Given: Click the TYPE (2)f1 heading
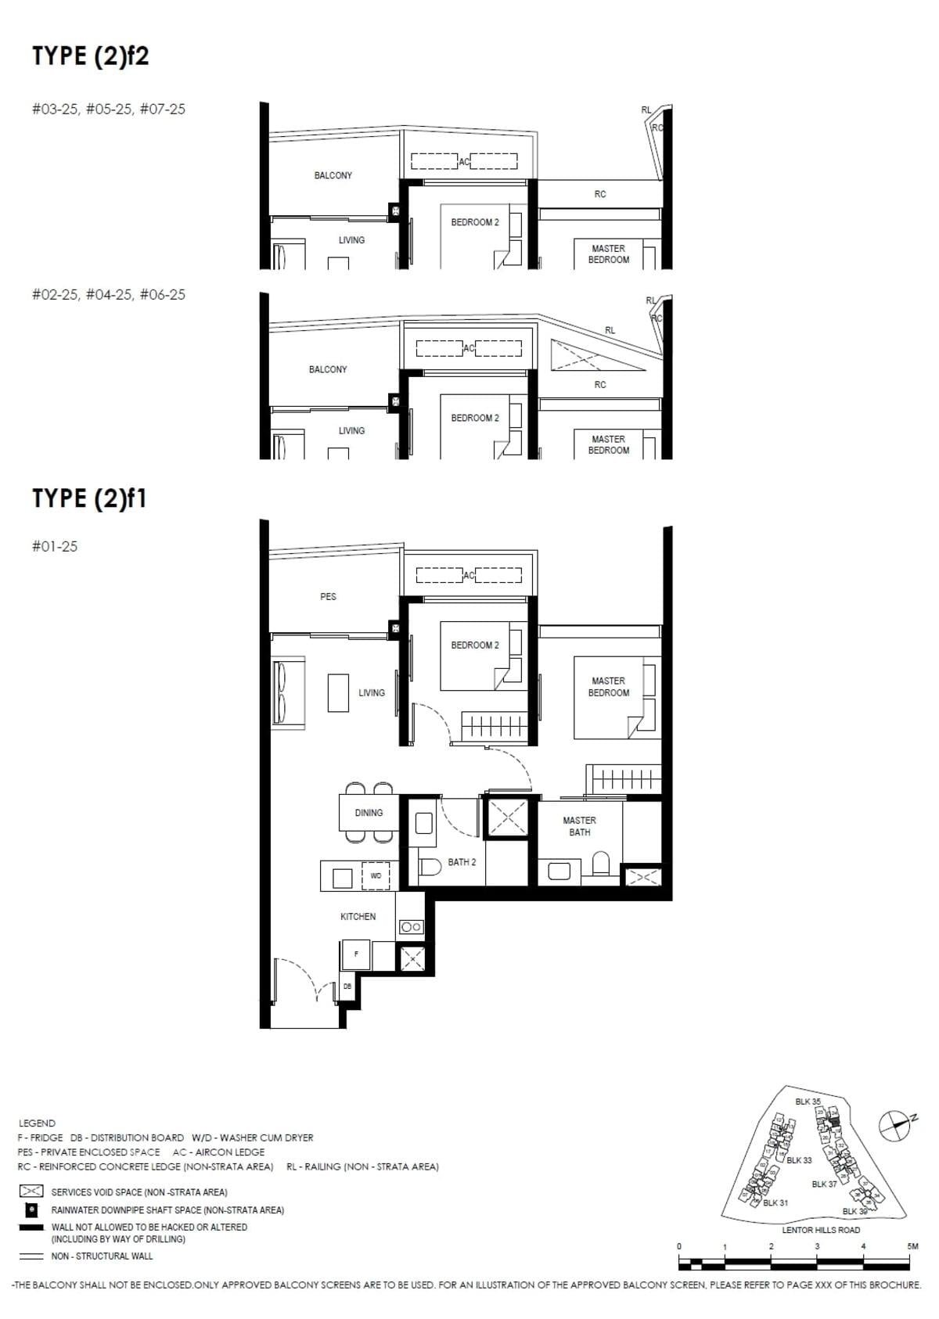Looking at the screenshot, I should point(89,498).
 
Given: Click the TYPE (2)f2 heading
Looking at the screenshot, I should point(90,56).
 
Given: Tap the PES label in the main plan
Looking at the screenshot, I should point(328,596).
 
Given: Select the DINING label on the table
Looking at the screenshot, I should point(369,813).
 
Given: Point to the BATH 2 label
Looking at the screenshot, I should point(462,862).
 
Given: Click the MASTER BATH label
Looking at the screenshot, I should point(579,826).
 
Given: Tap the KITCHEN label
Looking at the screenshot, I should point(358,916).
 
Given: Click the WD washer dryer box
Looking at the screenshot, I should point(376,876).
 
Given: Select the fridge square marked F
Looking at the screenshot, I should point(356,954).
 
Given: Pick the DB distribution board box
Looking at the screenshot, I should point(347,987).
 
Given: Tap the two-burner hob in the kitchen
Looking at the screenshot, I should point(412,927).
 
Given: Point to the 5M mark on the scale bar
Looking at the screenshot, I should point(912,1246).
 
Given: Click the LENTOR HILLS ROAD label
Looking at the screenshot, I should point(820,1229).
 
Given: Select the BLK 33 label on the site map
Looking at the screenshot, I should point(799,1160).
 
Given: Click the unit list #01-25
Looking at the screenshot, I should point(55,546).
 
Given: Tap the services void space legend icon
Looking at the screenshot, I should point(31,1191).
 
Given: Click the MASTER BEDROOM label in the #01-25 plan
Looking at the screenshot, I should point(609,686).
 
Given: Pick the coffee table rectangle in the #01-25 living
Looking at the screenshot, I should point(338,692).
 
